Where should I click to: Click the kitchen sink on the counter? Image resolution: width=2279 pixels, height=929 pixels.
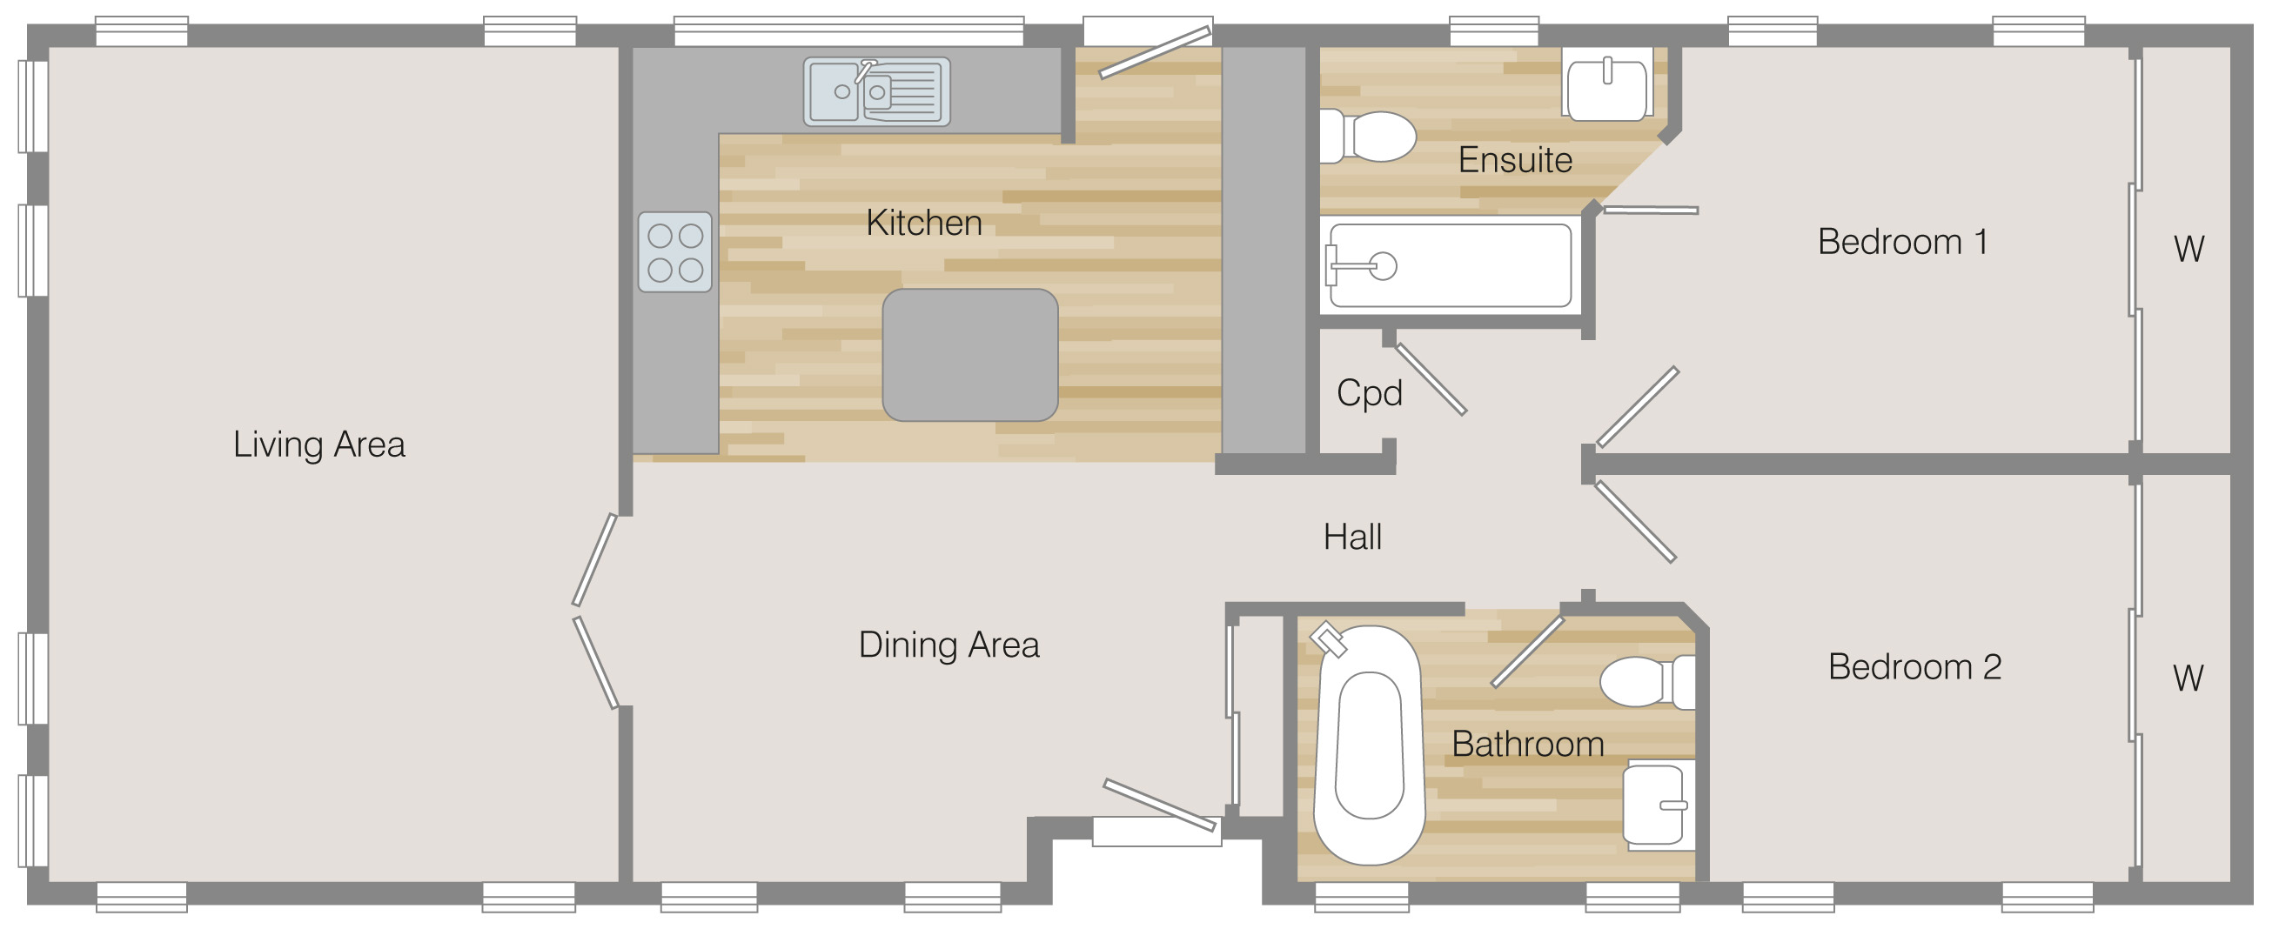click(x=877, y=91)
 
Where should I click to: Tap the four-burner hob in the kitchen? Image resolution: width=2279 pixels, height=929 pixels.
click(x=675, y=252)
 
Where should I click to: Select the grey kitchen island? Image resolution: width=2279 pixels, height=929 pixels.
click(x=970, y=355)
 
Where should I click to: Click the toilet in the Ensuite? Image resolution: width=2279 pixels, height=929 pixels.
click(x=1367, y=137)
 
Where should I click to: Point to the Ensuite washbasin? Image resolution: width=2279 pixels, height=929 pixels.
click(x=1606, y=84)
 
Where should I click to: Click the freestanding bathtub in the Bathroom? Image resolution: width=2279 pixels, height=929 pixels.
click(x=1369, y=745)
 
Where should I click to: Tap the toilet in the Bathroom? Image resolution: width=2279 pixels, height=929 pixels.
click(x=1647, y=681)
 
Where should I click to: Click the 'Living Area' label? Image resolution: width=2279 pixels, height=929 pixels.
click(x=319, y=445)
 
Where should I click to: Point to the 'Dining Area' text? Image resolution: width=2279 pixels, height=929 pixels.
click(x=948, y=645)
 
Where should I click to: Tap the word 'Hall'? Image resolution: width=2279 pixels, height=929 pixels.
click(x=1353, y=537)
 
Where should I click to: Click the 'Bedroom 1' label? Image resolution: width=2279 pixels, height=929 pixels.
click(x=1902, y=242)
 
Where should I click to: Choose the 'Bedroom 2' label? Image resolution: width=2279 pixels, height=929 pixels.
click(x=1914, y=667)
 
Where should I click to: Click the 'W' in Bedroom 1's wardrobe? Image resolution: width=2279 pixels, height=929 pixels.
click(x=2189, y=250)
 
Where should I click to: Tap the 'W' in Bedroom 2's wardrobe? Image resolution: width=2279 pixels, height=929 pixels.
click(x=2188, y=678)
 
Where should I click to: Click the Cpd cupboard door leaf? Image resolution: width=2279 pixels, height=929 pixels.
click(x=1431, y=378)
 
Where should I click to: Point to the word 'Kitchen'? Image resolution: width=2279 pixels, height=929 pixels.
click(x=923, y=223)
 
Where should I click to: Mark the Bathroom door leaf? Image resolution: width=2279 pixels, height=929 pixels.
click(x=1527, y=652)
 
